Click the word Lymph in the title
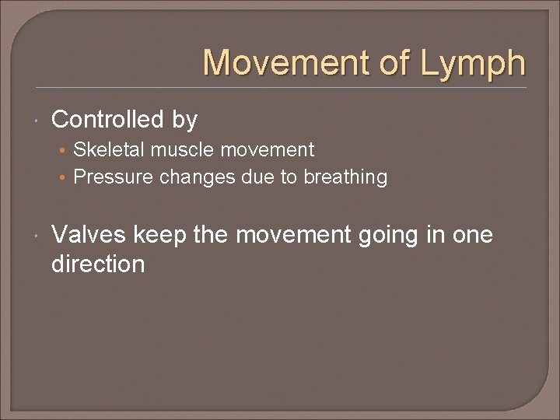click(x=474, y=64)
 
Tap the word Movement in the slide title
click(x=285, y=62)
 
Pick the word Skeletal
click(x=105, y=149)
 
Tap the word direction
click(x=98, y=264)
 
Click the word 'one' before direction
click(x=471, y=235)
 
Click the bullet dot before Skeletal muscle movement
click(x=63, y=150)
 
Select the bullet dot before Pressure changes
click(x=63, y=178)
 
